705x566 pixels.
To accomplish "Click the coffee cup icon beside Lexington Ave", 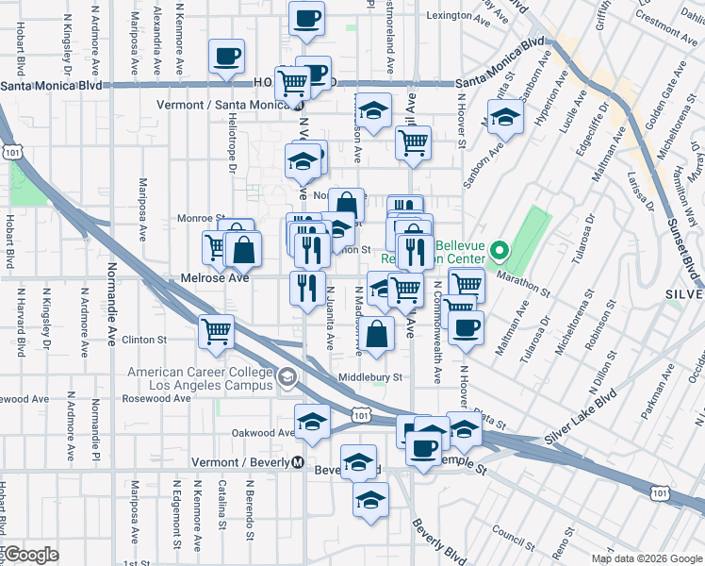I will coord(306,19).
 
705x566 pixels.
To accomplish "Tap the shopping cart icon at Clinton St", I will coord(217,332).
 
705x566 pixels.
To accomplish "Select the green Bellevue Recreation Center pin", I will coord(500,251).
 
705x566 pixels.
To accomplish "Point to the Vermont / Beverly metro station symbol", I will coord(297,463).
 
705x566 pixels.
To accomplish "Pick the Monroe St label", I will coord(197,218).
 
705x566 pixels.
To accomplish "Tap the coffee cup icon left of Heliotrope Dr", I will coord(226,57).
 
